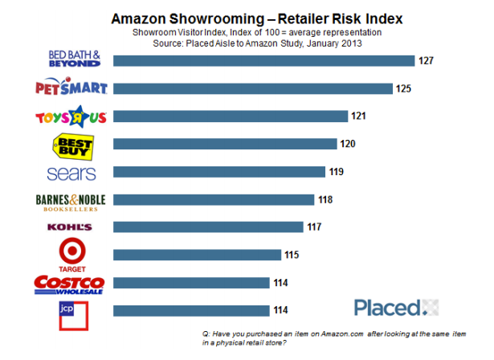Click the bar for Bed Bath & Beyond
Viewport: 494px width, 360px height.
pyautogui.click(x=263, y=61)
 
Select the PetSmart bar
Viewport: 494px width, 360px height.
pyautogui.click(x=253, y=88)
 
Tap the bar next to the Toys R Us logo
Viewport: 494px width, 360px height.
pyautogui.click(x=231, y=117)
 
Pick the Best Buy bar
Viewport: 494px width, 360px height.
pyautogui.click(x=225, y=145)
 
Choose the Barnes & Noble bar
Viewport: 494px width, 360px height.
pyautogui.click(x=214, y=200)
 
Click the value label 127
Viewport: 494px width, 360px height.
pyautogui.click(x=425, y=60)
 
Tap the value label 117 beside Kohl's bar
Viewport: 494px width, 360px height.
pyautogui.click(x=315, y=227)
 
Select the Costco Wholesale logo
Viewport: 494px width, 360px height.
pyautogui.click(x=69, y=284)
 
